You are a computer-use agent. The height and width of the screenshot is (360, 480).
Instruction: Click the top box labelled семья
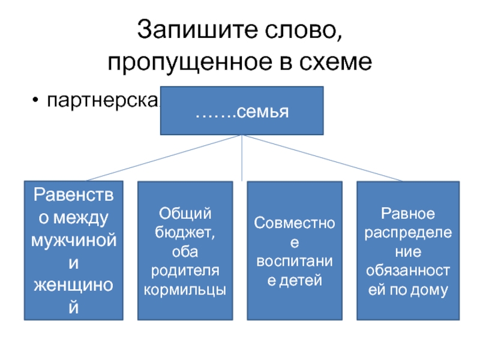(242, 111)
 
